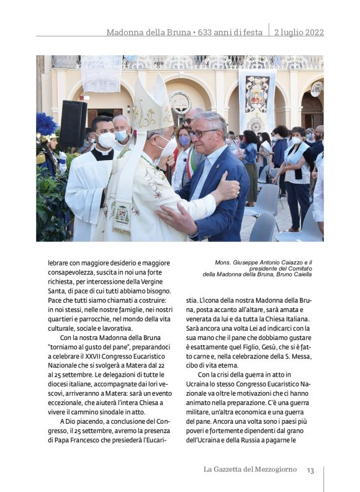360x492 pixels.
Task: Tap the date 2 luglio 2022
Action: pyautogui.click(x=299, y=32)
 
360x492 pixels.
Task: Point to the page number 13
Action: pyautogui.click(x=310, y=470)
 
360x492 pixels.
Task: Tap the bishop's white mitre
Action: pyautogui.click(x=153, y=106)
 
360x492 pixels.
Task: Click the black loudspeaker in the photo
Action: pyautogui.click(x=73, y=123)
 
